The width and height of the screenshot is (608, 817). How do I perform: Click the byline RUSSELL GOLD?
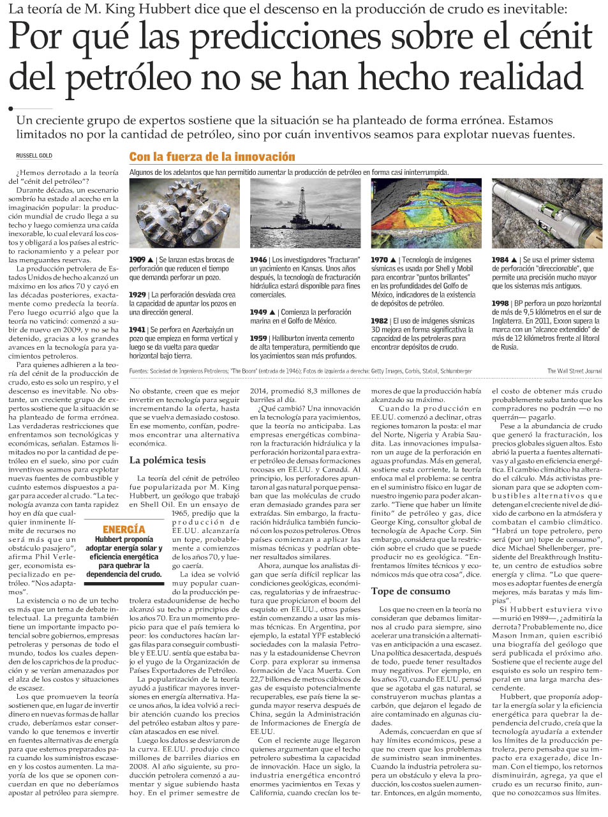[34, 156]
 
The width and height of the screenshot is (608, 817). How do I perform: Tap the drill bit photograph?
[184, 213]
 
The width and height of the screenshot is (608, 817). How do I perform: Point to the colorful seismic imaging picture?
[426, 213]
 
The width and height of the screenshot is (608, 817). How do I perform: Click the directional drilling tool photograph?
[547, 213]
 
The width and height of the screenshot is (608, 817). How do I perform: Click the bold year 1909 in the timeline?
[137, 260]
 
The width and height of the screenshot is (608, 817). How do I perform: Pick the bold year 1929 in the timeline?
[137, 295]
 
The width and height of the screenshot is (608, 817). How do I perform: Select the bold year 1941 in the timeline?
[137, 330]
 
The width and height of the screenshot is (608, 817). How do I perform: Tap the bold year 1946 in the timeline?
[258, 260]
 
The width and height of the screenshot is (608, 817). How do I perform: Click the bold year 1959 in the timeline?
[258, 338]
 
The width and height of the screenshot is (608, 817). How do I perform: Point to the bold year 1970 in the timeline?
[380, 260]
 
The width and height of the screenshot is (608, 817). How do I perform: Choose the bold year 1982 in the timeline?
[380, 321]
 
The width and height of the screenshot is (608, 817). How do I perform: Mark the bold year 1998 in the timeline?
[500, 303]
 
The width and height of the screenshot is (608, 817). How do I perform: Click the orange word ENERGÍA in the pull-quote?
[124, 529]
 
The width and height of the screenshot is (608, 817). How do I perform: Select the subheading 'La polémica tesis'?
[167, 460]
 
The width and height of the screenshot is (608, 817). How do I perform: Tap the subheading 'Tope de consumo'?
[410, 591]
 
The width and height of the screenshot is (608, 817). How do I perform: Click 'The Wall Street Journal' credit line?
[574, 371]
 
